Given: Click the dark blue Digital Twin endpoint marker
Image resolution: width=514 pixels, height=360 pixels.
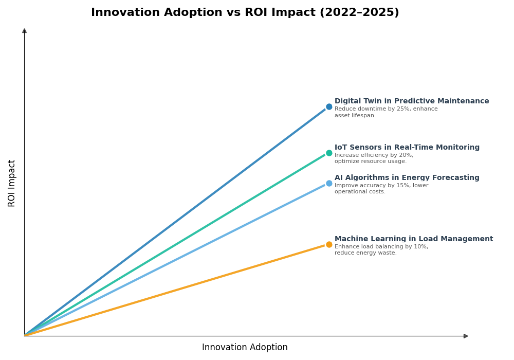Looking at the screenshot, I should (329, 107).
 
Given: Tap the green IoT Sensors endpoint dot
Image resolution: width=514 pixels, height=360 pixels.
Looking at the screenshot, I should (329, 153).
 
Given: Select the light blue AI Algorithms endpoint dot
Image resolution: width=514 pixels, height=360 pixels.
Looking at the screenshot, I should (329, 184).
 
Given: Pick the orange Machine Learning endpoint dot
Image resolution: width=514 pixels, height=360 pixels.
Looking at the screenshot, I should (329, 245).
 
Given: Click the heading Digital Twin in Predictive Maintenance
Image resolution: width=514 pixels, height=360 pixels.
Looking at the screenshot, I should (411, 101).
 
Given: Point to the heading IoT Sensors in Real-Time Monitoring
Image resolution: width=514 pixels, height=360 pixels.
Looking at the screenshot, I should (407, 148).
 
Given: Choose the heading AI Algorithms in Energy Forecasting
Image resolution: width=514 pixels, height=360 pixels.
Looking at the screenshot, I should (407, 178).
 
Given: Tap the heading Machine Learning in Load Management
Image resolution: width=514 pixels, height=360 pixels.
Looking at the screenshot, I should (413, 239).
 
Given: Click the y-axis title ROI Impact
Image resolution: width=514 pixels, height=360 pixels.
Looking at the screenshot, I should (12, 183).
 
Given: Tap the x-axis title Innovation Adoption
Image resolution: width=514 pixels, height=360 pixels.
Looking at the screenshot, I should (245, 348).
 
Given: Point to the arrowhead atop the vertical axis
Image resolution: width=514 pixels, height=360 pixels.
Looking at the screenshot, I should (24, 31).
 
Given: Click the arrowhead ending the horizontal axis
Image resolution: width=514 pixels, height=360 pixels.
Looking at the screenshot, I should (466, 336).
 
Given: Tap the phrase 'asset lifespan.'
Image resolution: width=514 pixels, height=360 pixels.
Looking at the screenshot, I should (355, 116).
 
